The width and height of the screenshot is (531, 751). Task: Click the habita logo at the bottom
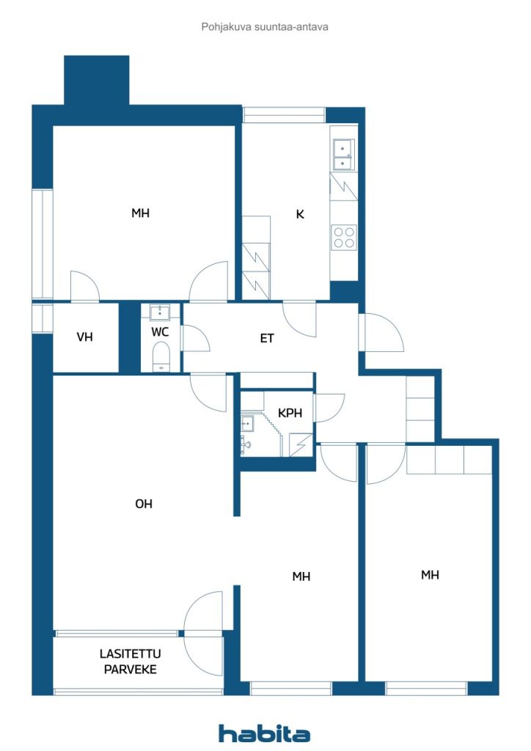pos(264,733)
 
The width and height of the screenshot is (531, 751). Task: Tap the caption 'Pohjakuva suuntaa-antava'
pos(265,26)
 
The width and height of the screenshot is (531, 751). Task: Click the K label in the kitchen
pos(300,214)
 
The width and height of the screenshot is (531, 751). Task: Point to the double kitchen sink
pos(343,150)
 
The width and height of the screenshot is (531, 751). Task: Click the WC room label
pos(161,331)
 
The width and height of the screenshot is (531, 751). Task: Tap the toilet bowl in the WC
pos(160,359)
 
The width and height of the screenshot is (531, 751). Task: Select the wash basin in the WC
pos(160,313)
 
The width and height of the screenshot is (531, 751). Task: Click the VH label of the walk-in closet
pos(85,337)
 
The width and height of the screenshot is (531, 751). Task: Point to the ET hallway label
pos(267,338)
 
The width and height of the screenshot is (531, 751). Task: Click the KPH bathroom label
pos(290,414)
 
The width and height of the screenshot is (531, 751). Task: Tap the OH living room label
pos(144,504)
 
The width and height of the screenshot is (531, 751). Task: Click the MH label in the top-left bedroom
pos(140,213)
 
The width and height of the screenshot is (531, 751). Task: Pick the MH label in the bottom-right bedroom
pos(430,575)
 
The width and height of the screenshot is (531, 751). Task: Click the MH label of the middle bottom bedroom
pos(301,576)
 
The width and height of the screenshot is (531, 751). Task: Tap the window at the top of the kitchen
pos(284,115)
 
